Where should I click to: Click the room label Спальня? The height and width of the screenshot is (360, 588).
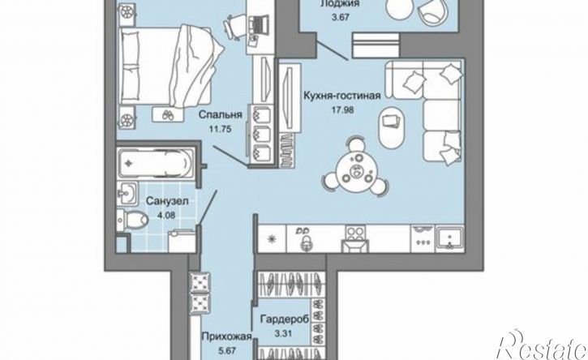[x=220, y=115]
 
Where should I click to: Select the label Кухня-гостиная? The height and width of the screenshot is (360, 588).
[x=342, y=96]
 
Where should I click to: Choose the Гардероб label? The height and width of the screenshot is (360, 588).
[x=285, y=319]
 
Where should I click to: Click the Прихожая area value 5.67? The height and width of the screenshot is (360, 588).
[x=228, y=350]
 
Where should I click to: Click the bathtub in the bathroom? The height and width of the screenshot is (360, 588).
[x=156, y=163]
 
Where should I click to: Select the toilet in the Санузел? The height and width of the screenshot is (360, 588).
[x=132, y=220]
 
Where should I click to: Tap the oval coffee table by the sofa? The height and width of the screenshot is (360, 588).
[x=391, y=127]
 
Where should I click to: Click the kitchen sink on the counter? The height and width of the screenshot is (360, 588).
[x=449, y=238]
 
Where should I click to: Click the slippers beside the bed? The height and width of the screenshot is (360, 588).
[x=168, y=115]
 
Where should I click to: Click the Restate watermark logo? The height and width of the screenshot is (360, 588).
[x=542, y=346]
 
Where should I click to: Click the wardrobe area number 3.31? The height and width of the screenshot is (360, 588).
[x=283, y=333]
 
